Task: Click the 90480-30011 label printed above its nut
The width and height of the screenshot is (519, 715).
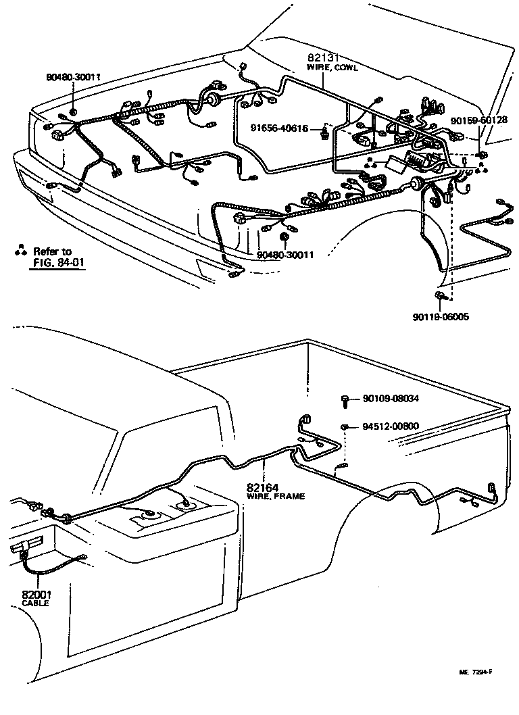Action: (74, 77)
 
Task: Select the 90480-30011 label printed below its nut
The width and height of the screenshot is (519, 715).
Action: (285, 255)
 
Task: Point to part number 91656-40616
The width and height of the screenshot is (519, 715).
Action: (280, 128)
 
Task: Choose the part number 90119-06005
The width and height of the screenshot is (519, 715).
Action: (441, 316)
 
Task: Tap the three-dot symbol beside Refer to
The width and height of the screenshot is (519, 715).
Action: (20, 251)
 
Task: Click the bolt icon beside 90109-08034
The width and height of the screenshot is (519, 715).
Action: (345, 401)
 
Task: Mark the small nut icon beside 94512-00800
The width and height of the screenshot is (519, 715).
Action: (345, 427)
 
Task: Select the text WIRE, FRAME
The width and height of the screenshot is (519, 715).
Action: (276, 496)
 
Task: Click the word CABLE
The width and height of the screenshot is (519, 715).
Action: (36, 603)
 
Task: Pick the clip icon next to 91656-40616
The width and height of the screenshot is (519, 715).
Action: (325, 131)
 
